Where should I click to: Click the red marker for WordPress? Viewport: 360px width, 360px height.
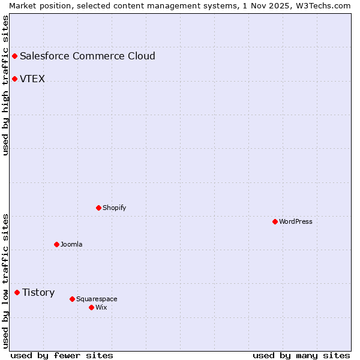click(275, 221)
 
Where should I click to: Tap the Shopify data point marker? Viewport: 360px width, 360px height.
click(99, 208)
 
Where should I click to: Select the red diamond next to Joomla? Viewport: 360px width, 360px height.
click(57, 244)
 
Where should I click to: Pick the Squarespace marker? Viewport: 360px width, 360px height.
click(73, 299)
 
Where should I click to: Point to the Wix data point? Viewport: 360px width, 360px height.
click(92, 307)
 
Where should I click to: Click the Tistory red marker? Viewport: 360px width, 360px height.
click(17, 292)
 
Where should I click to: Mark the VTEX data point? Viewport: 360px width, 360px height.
click(15, 79)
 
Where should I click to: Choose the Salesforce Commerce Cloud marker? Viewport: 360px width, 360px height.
click(15, 56)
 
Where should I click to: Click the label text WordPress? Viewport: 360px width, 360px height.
click(296, 221)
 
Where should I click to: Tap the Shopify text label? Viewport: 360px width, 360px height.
click(115, 208)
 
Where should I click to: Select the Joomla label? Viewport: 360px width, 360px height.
click(71, 244)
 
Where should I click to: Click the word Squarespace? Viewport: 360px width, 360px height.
click(97, 299)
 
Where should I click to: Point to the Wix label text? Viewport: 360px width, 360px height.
click(101, 307)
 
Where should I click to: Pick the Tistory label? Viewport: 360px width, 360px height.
click(38, 292)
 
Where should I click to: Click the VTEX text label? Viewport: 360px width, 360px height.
click(32, 79)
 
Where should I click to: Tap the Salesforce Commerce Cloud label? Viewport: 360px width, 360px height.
click(88, 56)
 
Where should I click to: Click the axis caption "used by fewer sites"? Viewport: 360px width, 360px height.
click(62, 355)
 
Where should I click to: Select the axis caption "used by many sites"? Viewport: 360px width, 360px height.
click(301, 355)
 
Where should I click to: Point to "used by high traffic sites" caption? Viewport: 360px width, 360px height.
click(6, 85)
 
